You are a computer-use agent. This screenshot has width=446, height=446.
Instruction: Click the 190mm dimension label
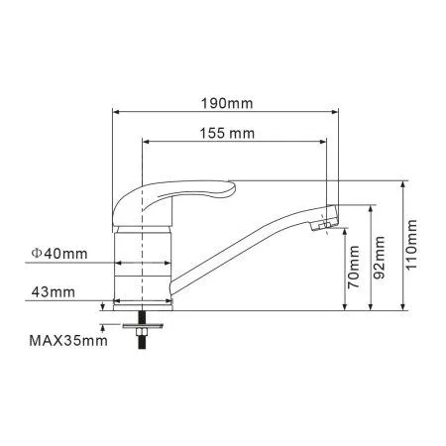(x=227, y=104)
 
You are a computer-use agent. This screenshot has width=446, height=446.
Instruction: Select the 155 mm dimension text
(x=227, y=134)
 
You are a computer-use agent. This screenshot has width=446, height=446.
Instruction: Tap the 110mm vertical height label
(x=411, y=244)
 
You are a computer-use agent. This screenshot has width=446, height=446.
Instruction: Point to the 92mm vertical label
(x=380, y=258)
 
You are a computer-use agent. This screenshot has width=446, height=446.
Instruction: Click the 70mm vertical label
(x=354, y=267)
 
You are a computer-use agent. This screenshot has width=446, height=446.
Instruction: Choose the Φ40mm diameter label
(x=59, y=254)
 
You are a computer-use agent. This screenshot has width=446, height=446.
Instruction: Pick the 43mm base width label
(x=54, y=292)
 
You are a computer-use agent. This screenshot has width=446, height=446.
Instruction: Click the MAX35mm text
(x=68, y=341)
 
